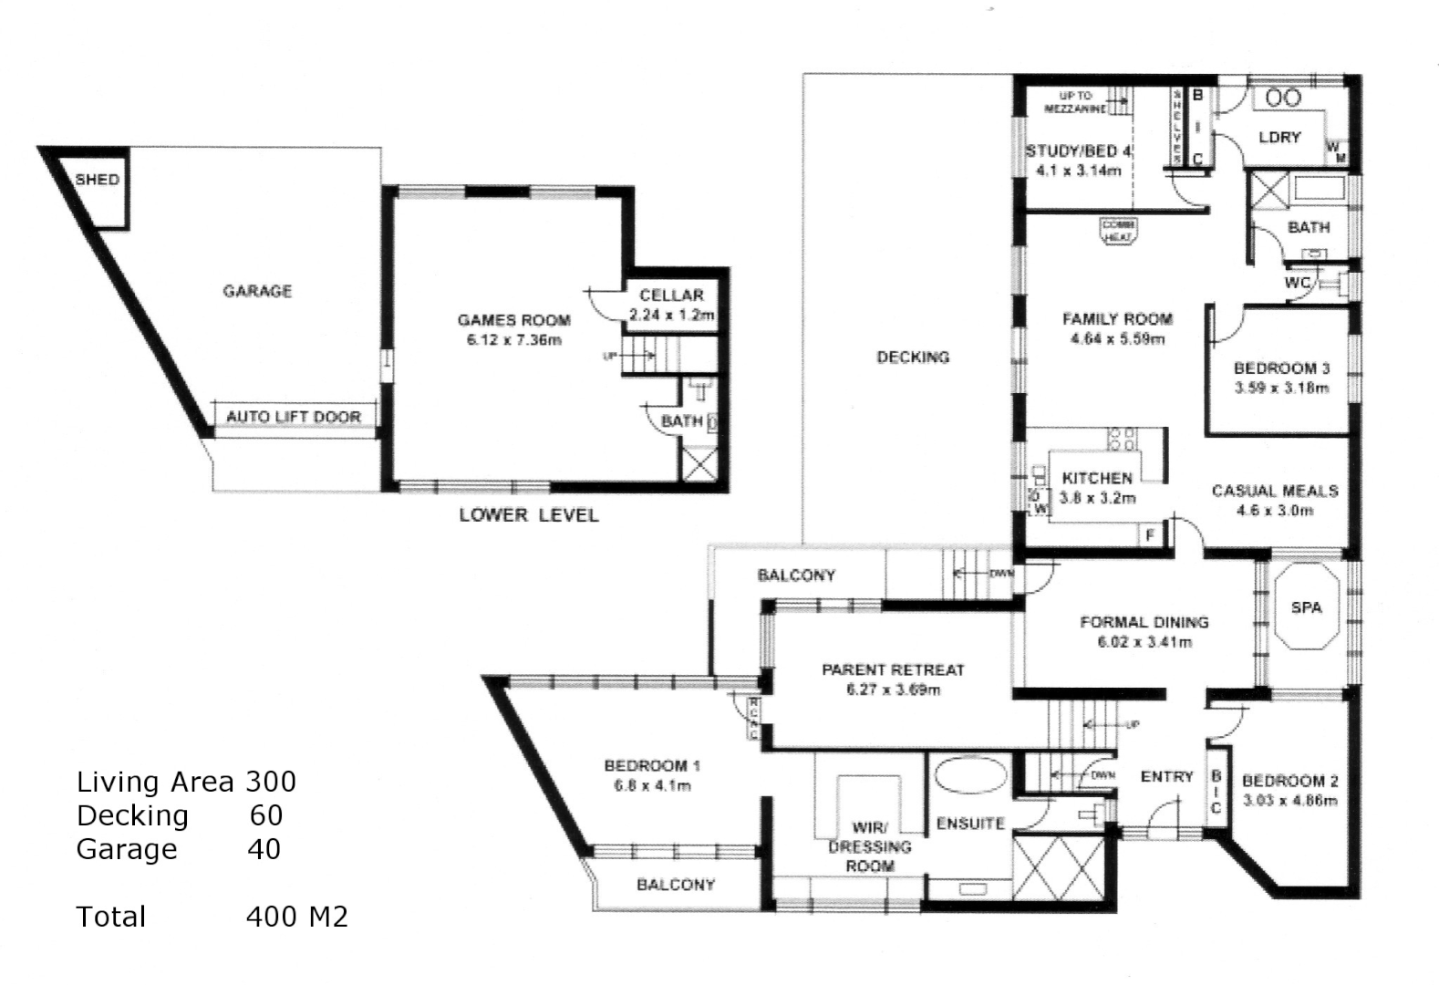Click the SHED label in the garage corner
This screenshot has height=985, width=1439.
[x=97, y=180]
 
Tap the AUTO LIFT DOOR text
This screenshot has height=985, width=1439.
[x=294, y=417]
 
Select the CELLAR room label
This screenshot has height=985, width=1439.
[x=671, y=295]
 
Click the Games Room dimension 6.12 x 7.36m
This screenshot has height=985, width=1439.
[x=513, y=340]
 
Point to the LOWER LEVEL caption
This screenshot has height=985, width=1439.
[x=529, y=515]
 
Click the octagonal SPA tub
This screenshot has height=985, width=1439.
[x=1306, y=607]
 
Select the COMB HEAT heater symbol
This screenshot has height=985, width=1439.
[x=1118, y=231]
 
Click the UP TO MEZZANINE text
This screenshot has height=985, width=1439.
[x=1075, y=101]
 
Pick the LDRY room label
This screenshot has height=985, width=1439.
[x=1279, y=137]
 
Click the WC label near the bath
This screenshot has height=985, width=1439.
[x=1297, y=283]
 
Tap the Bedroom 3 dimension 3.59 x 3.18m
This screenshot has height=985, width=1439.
[x=1281, y=388]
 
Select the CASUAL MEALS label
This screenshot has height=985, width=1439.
[x=1274, y=491]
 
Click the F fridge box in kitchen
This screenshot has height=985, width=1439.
[x=1151, y=535]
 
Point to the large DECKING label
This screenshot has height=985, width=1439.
[x=913, y=358]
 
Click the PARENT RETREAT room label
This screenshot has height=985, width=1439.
[x=893, y=669]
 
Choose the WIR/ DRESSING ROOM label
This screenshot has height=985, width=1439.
[x=869, y=846]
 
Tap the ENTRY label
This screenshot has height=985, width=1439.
[x=1166, y=776]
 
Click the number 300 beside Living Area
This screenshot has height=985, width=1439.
[x=271, y=782]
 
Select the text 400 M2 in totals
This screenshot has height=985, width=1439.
[x=297, y=917]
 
